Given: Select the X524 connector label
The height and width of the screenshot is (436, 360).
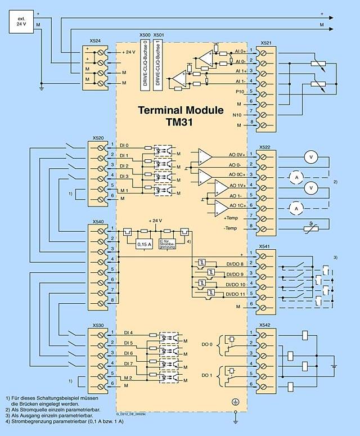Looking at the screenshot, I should tap(96, 41).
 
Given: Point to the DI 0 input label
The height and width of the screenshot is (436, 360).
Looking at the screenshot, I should tap(124, 145).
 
